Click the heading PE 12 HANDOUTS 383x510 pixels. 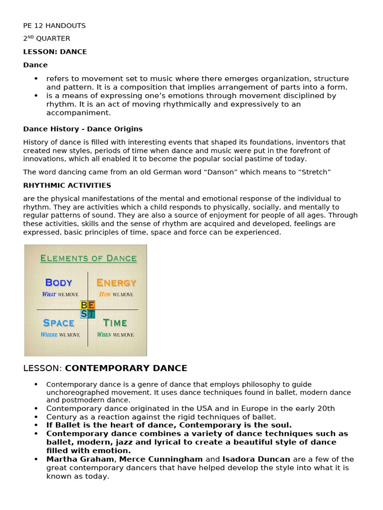point(54,25)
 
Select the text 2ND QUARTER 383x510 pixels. point(46,38)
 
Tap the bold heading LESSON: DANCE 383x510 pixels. point(55,52)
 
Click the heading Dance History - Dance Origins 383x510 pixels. point(83,129)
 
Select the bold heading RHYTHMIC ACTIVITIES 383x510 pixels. point(67,185)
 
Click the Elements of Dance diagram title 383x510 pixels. point(88,258)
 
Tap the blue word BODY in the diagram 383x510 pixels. point(59,282)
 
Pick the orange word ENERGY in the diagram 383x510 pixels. point(116,283)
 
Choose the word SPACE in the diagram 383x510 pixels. point(59,323)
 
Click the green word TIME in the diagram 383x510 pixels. point(115,323)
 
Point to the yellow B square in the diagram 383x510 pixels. point(84,305)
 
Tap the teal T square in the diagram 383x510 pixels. point(92,314)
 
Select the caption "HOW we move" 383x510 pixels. point(116,294)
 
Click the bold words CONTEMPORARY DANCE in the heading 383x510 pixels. point(126,369)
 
